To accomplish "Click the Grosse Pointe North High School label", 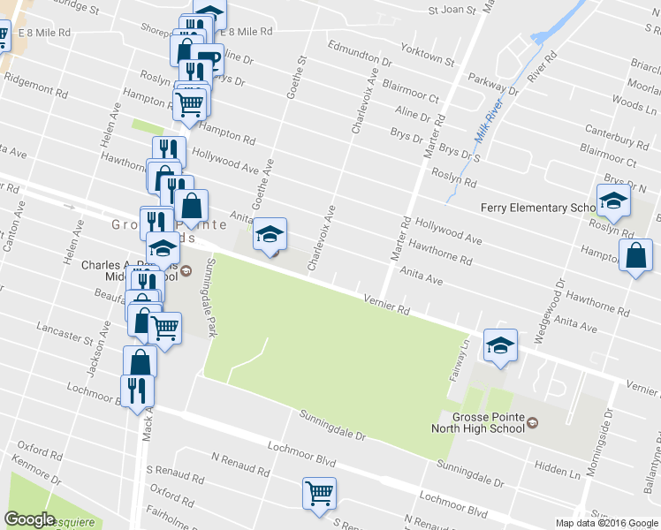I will [479, 422].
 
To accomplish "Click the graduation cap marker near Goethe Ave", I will [270, 234].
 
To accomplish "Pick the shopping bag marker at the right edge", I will [635, 256].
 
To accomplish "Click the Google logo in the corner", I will [29, 519].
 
